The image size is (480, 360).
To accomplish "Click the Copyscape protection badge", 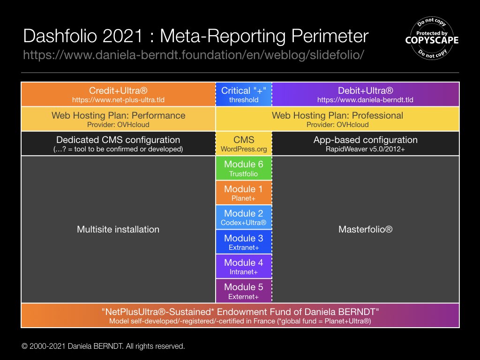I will click(432, 39).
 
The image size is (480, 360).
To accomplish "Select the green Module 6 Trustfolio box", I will click(243, 168).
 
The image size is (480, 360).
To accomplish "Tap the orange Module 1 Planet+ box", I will click(243, 193).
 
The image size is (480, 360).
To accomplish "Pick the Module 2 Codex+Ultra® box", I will click(243, 217).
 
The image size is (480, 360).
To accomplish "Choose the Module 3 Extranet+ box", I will click(243, 241).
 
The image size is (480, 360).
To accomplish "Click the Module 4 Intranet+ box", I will click(243, 266).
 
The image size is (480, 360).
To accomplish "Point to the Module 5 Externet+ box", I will click(243, 291).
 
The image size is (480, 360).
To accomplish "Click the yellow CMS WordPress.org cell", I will click(243, 144).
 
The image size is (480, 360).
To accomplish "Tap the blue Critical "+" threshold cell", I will click(243, 94).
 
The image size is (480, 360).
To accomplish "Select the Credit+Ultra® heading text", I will click(118, 90).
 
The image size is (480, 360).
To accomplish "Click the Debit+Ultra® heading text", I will click(365, 90).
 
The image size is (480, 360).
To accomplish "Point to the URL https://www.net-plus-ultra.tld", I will click(118, 100).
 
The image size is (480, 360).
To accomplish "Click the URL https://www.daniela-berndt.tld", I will click(365, 100).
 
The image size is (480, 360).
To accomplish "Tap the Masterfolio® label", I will click(365, 230).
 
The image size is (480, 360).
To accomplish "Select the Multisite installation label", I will click(118, 230).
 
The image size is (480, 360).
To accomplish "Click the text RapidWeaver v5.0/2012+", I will click(365, 150).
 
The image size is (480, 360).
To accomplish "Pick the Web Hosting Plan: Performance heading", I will click(118, 115).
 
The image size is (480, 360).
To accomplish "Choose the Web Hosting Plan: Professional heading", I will click(337, 115).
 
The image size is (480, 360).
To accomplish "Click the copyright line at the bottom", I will click(104, 346).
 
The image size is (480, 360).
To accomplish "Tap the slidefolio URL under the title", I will click(194, 55).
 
